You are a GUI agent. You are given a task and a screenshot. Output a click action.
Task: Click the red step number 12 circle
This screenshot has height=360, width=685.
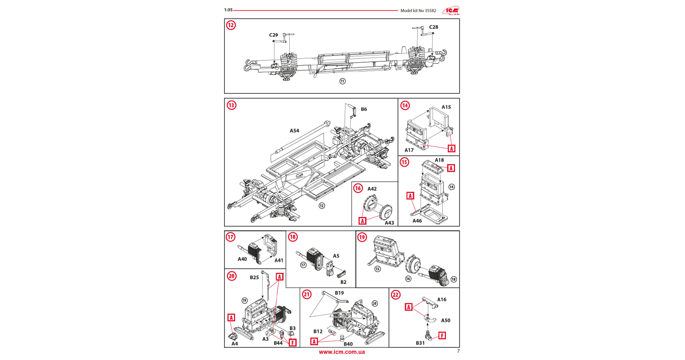click(x=231, y=25)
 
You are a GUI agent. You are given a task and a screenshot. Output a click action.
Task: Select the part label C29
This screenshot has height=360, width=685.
click(x=274, y=35)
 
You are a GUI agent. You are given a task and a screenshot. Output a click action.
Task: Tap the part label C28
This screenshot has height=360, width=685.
click(x=433, y=27)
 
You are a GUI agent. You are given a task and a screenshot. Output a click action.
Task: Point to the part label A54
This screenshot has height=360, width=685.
click(x=294, y=131)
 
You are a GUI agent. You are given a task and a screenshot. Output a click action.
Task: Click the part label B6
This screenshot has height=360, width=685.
click(x=364, y=109)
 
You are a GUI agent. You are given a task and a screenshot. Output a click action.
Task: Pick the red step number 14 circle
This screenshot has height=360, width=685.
click(x=405, y=105)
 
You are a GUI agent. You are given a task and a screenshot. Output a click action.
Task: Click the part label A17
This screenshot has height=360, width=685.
click(x=409, y=150)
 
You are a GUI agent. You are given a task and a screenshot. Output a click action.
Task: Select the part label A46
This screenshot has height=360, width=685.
click(x=417, y=221)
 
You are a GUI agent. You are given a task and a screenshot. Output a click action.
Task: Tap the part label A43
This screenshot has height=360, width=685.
click(x=389, y=223)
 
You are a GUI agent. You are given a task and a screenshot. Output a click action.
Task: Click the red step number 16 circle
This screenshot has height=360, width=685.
click(x=358, y=188)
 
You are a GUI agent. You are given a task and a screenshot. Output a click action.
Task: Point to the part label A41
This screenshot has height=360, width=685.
click(x=279, y=261)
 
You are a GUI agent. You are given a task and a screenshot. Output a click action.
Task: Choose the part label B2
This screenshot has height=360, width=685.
click(x=343, y=282)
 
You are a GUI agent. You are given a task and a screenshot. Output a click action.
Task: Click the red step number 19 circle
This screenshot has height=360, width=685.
click(x=362, y=237)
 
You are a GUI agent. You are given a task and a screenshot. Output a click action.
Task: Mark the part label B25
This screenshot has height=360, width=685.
click(x=254, y=278)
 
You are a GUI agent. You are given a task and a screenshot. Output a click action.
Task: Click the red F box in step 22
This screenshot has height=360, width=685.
click(x=442, y=336)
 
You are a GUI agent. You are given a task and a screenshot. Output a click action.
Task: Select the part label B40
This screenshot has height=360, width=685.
click(x=348, y=344)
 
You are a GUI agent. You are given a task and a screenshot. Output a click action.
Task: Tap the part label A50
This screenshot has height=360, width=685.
click(x=446, y=321)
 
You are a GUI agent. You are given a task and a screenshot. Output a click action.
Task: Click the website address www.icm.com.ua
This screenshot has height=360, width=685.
click(x=342, y=352)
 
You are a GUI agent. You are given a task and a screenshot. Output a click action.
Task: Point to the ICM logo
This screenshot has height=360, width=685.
click(x=451, y=11)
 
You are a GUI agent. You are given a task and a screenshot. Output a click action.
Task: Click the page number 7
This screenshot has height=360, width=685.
click(x=458, y=351)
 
